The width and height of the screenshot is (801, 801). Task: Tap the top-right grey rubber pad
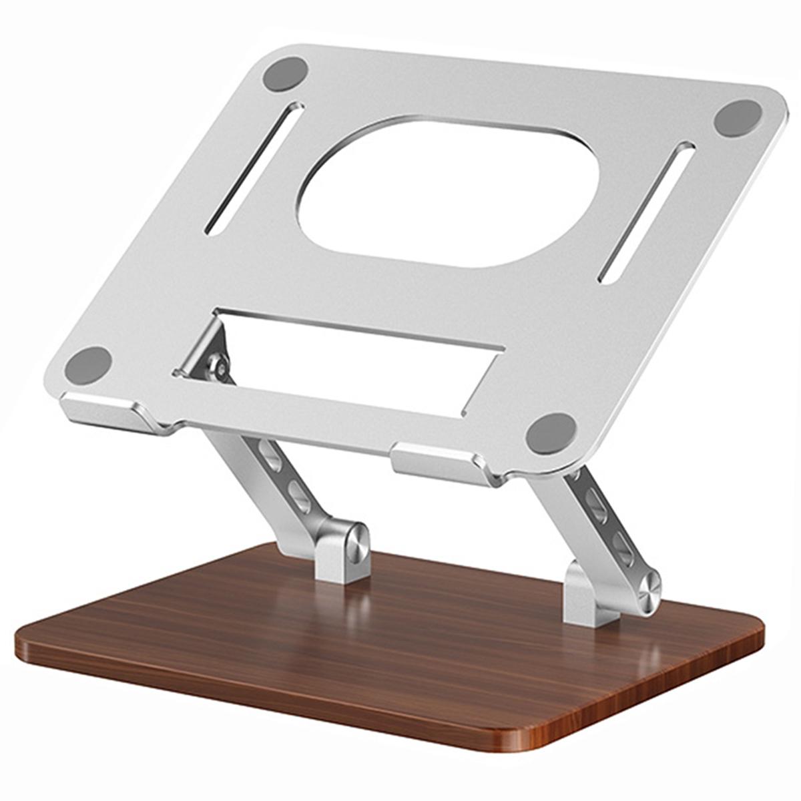click(738, 119)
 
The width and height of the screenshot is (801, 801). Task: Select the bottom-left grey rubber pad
click(88, 364)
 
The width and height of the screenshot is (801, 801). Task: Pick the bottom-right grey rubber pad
click(551, 433)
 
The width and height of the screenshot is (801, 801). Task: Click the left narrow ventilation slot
click(254, 168)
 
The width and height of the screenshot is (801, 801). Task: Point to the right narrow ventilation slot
click(645, 212)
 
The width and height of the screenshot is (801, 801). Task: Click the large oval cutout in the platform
click(448, 193)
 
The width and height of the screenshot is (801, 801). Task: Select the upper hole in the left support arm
click(271, 457)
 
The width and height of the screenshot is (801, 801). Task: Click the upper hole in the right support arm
click(595, 505)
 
